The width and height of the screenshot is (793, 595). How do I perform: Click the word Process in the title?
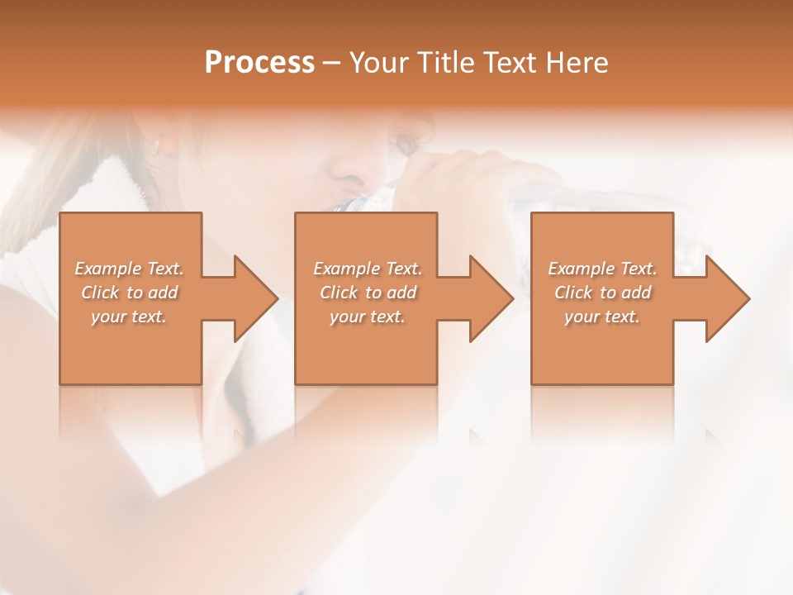point(259,63)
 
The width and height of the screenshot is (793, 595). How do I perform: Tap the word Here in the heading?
point(577,63)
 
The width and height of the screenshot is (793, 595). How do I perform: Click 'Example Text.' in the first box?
point(129,269)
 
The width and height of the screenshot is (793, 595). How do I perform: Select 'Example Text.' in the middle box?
point(367,269)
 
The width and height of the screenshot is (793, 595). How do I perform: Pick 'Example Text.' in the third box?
point(602,269)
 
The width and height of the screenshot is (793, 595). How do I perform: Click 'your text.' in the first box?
point(129,317)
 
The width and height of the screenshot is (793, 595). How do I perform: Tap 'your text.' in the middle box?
point(367,317)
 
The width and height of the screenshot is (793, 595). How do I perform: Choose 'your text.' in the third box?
point(602,317)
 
